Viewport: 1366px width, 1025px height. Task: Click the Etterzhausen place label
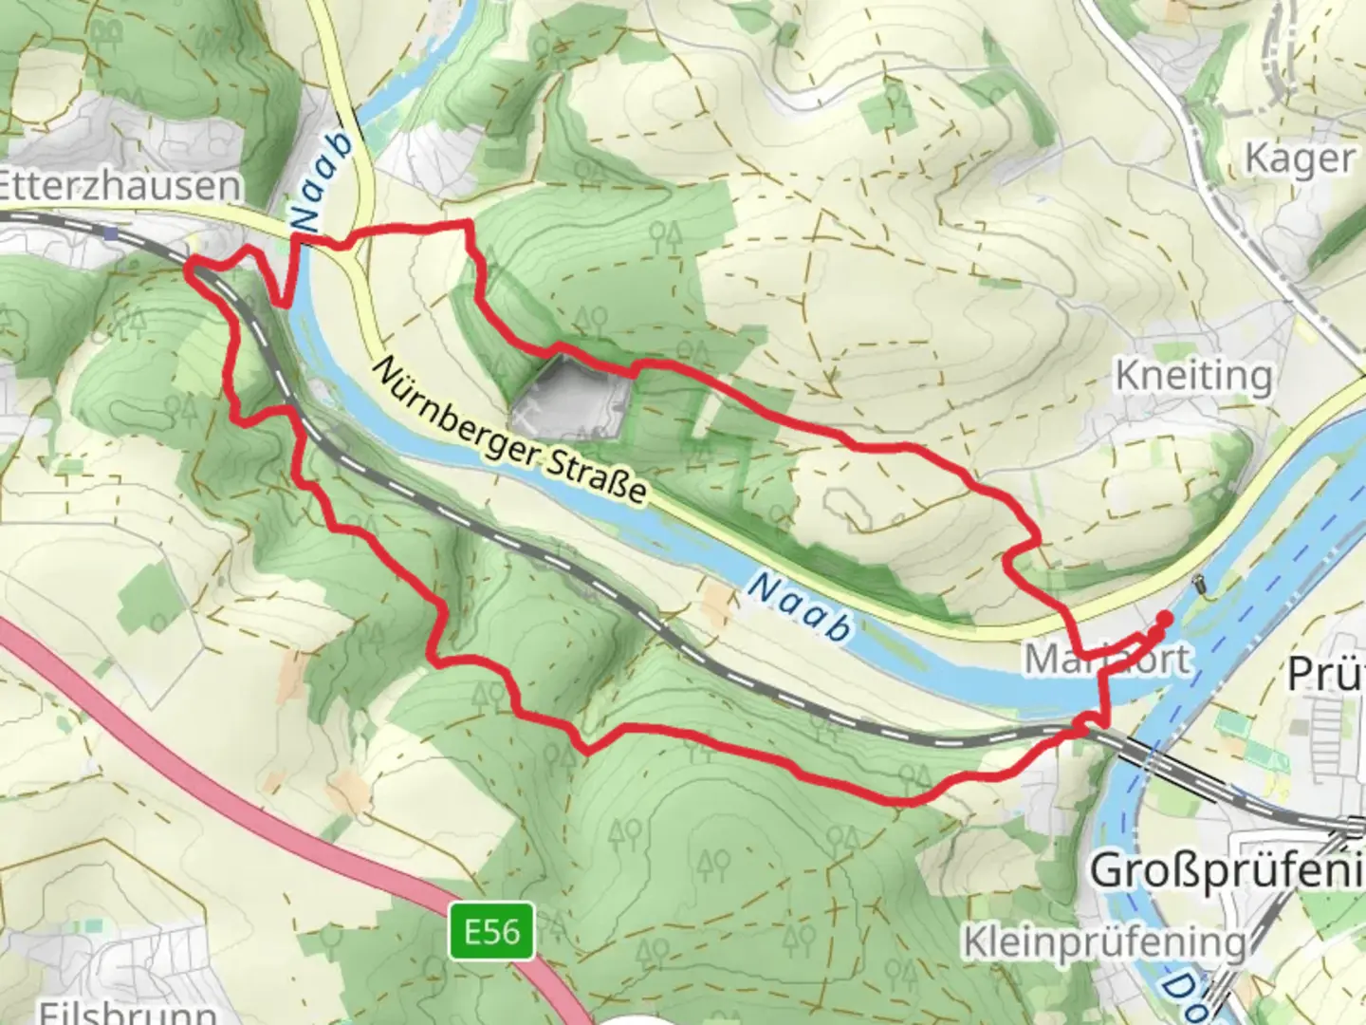click(119, 185)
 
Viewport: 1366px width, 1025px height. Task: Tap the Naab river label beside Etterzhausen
click(323, 181)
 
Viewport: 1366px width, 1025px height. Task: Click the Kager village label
click(1299, 158)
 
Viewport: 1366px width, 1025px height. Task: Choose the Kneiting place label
click(1193, 376)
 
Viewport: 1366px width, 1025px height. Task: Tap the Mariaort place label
click(1106, 659)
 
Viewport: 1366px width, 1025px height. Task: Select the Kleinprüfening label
click(1104, 942)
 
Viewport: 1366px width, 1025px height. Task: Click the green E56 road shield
click(492, 931)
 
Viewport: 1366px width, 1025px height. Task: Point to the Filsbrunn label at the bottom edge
click(128, 1010)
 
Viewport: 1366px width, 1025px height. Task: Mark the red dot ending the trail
click(1164, 618)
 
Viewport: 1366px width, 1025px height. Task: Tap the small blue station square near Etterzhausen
click(112, 232)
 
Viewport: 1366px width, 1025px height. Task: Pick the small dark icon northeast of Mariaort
click(1203, 582)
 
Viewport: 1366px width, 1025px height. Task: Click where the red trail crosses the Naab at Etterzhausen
click(295, 242)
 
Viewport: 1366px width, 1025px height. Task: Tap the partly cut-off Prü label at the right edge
click(1326, 674)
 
